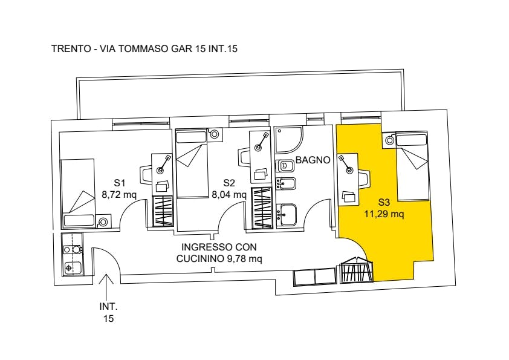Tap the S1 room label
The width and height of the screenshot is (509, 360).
[120, 183]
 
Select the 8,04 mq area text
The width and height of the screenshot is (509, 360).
[229, 195]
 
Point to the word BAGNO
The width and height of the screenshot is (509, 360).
[313, 160]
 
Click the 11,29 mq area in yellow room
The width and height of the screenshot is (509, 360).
[384, 214]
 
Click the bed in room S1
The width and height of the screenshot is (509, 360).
[78, 193]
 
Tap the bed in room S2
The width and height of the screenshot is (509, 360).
[192, 163]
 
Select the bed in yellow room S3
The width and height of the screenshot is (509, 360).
[412, 166]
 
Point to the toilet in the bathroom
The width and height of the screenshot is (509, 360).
[285, 166]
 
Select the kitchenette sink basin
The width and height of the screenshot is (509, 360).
[72, 268]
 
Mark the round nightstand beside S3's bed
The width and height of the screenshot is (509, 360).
[389, 140]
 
